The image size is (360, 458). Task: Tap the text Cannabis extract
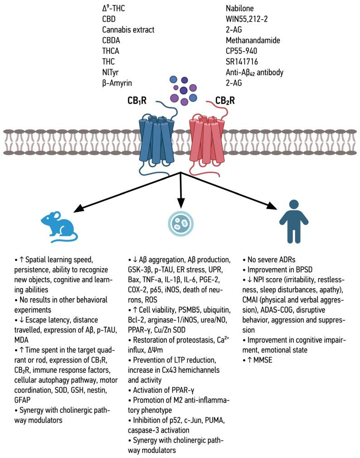pos(128,30)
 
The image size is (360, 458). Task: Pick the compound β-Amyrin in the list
pos(119,82)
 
